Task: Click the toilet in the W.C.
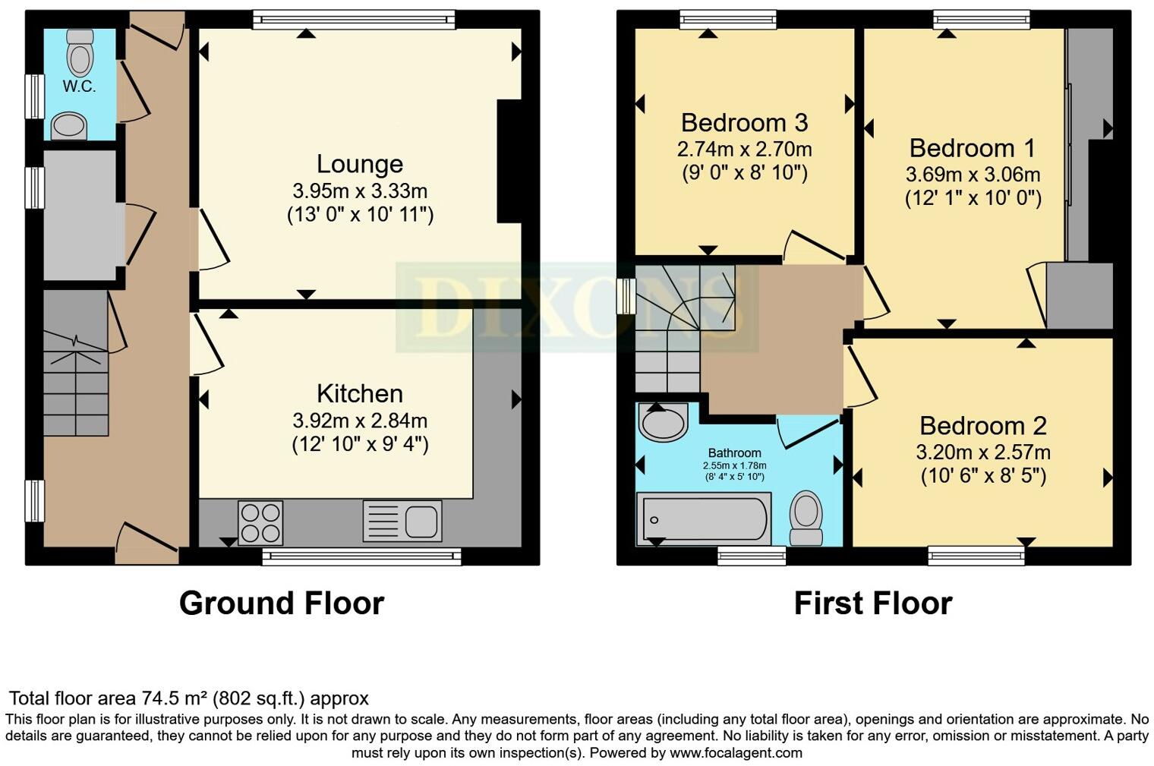(x=80, y=51)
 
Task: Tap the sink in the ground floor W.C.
(x=69, y=126)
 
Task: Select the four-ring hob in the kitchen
(x=260, y=522)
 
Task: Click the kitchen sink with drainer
(x=402, y=521)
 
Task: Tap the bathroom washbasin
(x=662, y=421)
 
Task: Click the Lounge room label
(x=359, y=164)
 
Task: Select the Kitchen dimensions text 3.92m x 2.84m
(x=359, y=421)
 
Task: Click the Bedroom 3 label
(x=744, y=122)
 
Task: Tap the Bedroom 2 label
(x=983, y=425)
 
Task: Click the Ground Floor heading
(x=282, y=604)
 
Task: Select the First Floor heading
(x=872, y=604)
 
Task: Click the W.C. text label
(x=79, y=87)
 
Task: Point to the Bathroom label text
(x=734, y=453)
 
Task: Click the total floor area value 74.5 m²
(x=175, y=698)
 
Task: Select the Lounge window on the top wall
(x=354, y=19)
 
